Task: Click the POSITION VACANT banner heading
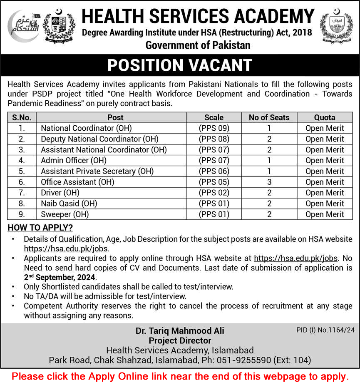tap(180, 65)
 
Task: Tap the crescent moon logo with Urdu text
tap(23, 27)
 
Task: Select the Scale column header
tap(214, 117)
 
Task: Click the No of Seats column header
tap(269, 117)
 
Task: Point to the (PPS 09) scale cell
tap(214, 128)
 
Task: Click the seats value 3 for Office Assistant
tap(269, 182)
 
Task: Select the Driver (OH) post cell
tap(60, 193)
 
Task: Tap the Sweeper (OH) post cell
tap(65, 214)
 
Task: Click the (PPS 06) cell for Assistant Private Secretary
tap(214, 171)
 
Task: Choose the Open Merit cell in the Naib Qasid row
tap(325, 204)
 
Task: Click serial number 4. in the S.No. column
tap(22, 160)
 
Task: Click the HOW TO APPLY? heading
tap(40, 228)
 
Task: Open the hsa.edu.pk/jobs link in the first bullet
tap(66, 248)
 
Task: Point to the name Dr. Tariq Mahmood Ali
tap(180, 330)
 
